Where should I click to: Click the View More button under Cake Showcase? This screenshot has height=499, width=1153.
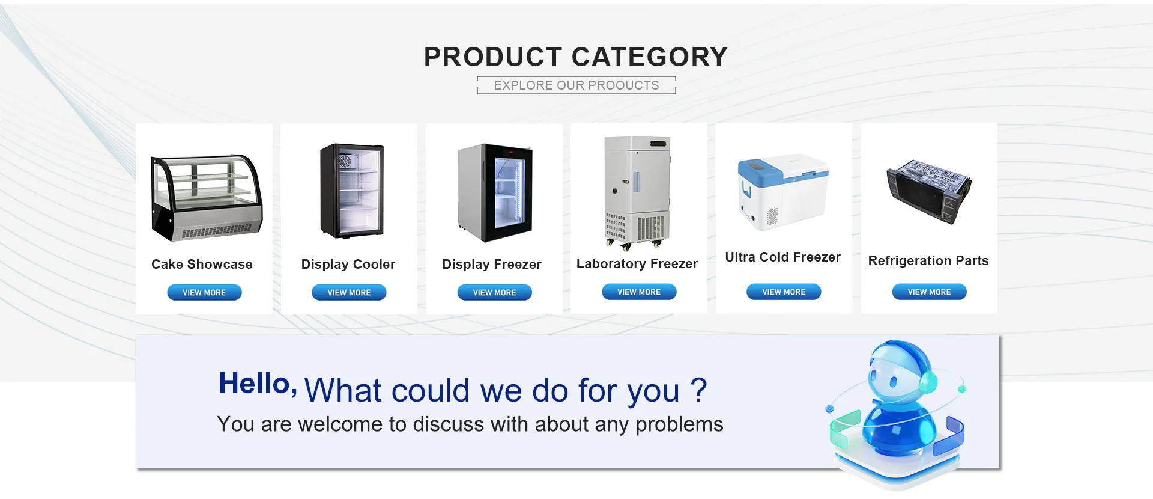(x=204, y=292)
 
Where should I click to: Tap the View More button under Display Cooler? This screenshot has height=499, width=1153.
(x=349, y=292)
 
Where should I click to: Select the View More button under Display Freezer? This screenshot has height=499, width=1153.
(x=494, y=292)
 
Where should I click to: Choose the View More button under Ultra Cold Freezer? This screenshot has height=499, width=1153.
(x=784, y=292)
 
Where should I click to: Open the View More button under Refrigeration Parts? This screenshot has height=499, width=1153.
(x=929, y=292)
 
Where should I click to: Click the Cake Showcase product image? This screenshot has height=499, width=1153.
(x=207, y=198)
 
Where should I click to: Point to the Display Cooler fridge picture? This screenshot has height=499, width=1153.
(x=352, y=191)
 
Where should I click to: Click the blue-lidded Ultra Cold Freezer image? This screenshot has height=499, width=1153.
(x=783, y=192)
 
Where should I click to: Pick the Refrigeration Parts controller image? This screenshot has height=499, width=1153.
(x=929, y=191)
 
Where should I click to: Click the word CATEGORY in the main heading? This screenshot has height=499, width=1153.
(x=650, y=57)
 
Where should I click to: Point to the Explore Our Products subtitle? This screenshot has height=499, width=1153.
(x=576, y=85)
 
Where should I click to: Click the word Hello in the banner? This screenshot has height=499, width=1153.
(x=255, y=384)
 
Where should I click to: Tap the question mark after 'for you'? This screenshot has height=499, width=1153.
(x=698, y=390)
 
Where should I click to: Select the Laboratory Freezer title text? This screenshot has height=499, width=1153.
(x=637, y=263)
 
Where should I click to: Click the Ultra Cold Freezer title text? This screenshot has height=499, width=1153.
(x=783, y=257)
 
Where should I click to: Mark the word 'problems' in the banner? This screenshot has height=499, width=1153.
(x=679, y=425)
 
